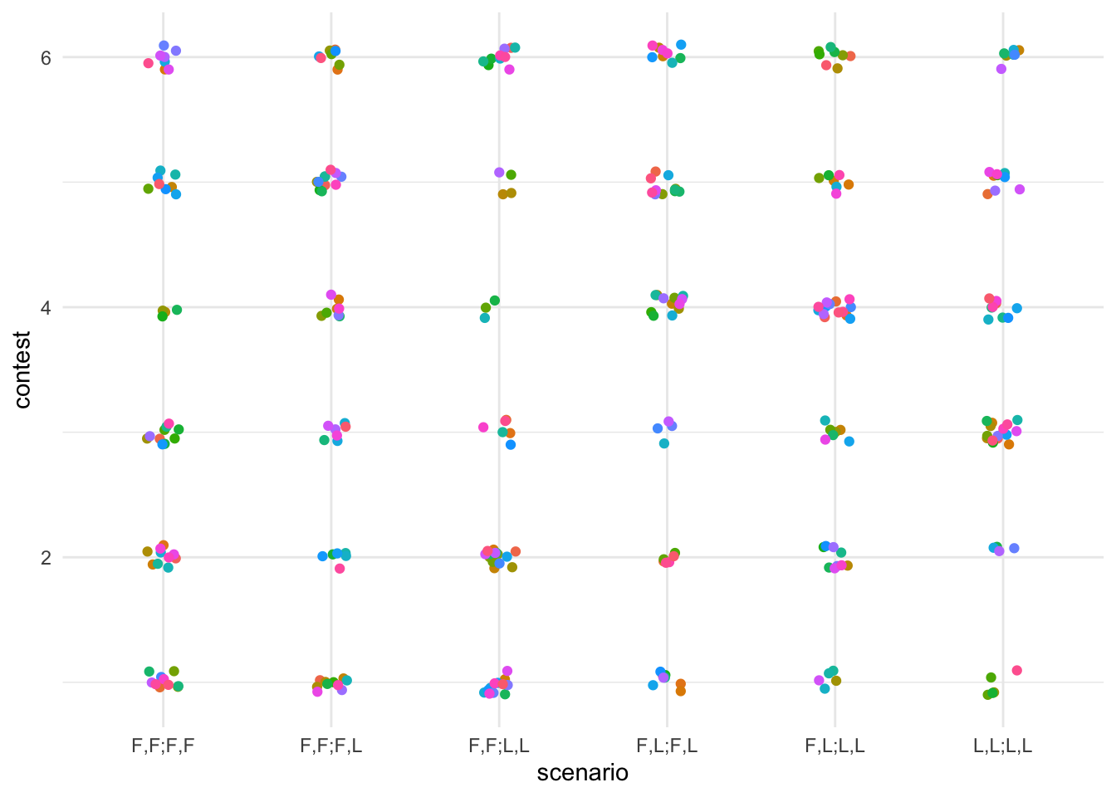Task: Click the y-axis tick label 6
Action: (46, 57)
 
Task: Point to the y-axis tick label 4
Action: (46, 307)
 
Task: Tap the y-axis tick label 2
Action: (46, 557)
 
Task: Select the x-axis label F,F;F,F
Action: (163, 746)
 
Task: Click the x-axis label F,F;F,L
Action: (331, 746)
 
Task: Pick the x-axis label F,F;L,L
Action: (499, 746)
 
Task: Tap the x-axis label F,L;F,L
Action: (667, 746)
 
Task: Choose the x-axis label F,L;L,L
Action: (835, 746)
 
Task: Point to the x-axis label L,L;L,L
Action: (1002, 746)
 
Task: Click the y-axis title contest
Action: (22, 369)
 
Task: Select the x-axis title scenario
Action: (582, 773)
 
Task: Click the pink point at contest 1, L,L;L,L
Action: (1017, 670)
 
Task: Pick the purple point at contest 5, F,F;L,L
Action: (499, 172)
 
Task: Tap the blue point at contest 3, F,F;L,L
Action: (511, 444)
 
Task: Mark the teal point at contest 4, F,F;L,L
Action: (485, 317)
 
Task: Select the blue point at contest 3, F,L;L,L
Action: (849, 441)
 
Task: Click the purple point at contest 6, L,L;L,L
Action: (1001, 69)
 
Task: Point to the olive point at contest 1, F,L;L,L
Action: (836, 681)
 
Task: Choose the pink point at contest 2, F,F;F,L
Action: (340, 569)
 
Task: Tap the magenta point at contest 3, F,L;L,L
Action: (825, 439)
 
